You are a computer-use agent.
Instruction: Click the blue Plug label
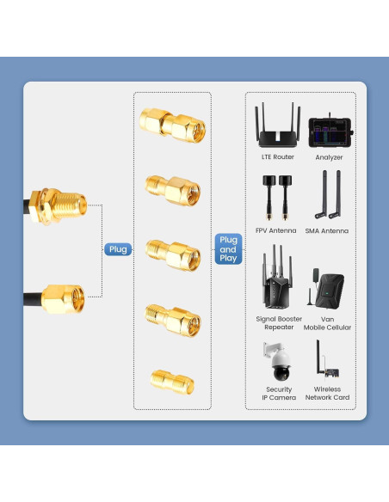point(118,250)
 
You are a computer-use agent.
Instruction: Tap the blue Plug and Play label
point(228,248)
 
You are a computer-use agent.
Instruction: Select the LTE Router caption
point(277,157)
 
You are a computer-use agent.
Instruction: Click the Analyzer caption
point(329,157)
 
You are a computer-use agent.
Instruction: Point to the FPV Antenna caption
point(276,230)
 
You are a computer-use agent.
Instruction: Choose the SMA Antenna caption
point(327,230)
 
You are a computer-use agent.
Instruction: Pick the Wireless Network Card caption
point(327,393)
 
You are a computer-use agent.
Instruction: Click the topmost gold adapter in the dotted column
point(174,125)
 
